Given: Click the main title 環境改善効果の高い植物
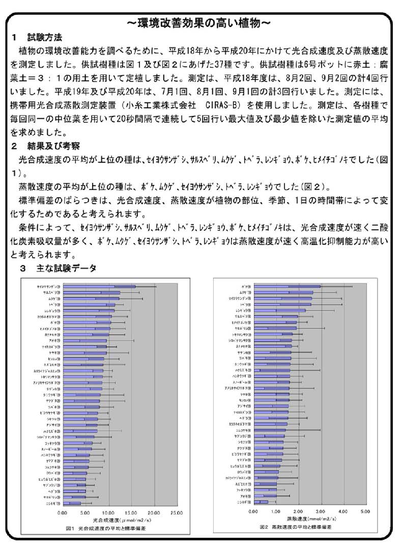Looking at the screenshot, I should point(202,23).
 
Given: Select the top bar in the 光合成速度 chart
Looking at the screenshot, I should point(98,287).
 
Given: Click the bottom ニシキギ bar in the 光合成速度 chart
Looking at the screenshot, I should point(72,503).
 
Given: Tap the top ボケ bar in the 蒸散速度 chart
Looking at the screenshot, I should point(287,287).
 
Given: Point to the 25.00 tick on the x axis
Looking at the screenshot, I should point(177,512).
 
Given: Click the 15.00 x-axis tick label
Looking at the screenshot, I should point(131,512).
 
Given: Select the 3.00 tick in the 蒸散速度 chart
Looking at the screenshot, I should point(321,510).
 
